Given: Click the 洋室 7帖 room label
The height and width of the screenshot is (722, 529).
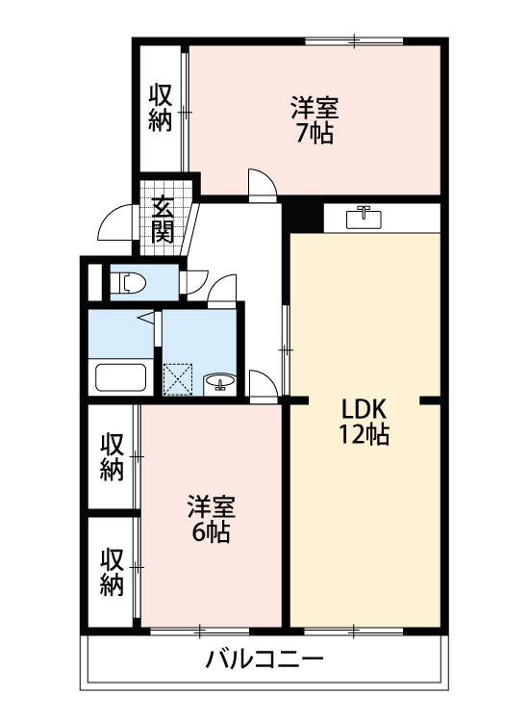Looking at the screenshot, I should pos(315,119).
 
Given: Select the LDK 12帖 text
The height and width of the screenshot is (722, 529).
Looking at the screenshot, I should pos(363,421).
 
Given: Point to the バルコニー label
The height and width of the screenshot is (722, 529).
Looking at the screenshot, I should pos(264,660).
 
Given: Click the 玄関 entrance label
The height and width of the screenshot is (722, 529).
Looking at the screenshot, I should pos(163,219).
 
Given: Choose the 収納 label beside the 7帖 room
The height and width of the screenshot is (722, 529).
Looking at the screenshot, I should pos(161,107).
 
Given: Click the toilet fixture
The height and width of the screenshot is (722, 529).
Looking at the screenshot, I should pos(128,283).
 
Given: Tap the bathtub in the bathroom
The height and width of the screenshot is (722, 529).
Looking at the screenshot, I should pos(120,376).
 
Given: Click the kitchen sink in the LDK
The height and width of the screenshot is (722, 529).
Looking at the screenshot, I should pos(365,216).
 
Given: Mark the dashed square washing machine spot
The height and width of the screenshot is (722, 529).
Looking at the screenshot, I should pos(178,377).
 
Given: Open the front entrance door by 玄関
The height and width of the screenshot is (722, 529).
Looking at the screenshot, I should pos(115,227).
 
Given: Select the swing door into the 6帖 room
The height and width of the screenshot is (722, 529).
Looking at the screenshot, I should pos(262,383).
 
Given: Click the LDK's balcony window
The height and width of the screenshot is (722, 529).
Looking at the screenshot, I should pos(354,631).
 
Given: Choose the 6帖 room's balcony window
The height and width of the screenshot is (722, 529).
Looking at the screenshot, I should pos(200,631).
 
